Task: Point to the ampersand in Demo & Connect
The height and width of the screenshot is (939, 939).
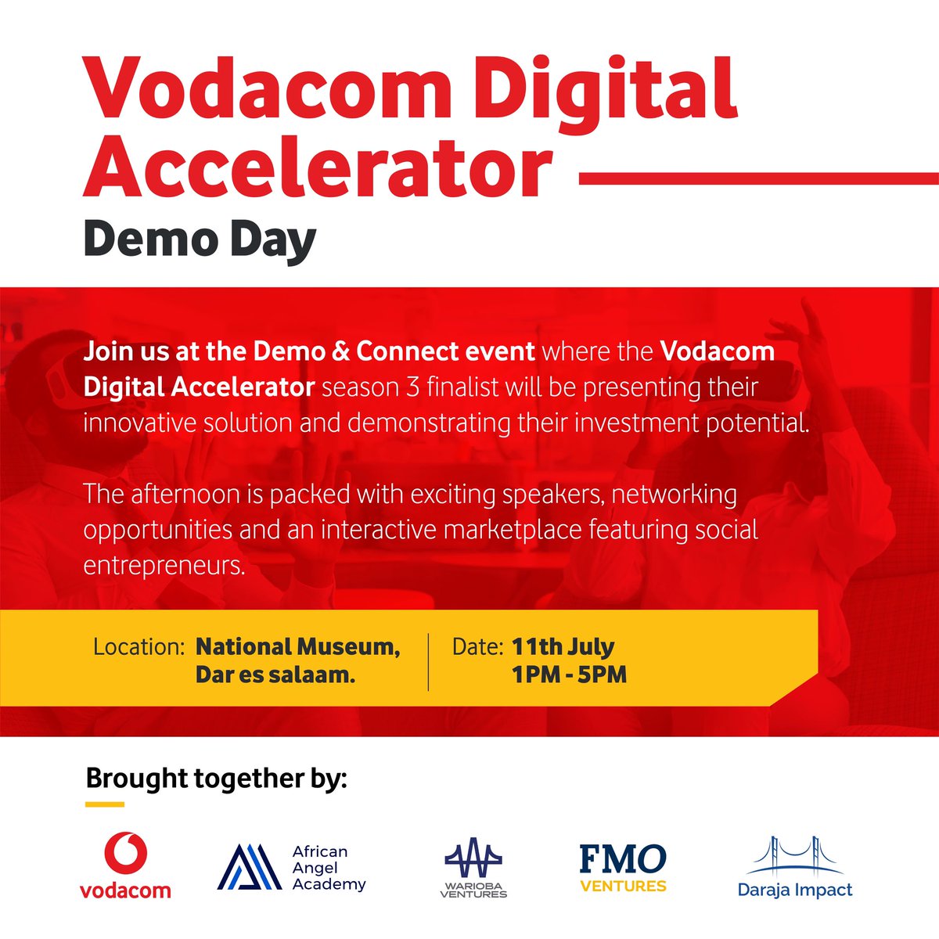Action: pyautogui.click(x=338, y=351)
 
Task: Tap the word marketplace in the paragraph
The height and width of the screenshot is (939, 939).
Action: pyautogui.click(x=513, y=530)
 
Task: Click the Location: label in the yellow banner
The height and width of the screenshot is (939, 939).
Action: pyautogui.click(x=139, y=647)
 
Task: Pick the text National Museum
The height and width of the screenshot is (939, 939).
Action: pyautogui.click(x=297, y=647)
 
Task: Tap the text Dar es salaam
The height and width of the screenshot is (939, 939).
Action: pyautogui.click(x=275, y=675)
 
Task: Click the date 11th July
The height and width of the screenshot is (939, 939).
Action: pyautogui.click(x=563, y=647)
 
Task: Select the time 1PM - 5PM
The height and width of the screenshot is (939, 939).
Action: pyautogui.click(x=570, y=675)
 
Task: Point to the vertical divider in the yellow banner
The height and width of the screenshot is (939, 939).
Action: pyautogui.click(x=428, y=662)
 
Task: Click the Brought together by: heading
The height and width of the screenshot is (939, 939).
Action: pyautogui.click(x=216, y=779)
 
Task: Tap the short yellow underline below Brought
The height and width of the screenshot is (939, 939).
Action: pyautogui.click(x=105, y=804)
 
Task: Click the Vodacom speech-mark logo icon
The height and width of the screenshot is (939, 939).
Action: pyautogui.click(x=125, y=854)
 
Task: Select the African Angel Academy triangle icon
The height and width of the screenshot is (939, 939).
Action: pyautogui.click(x=249, y=869)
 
